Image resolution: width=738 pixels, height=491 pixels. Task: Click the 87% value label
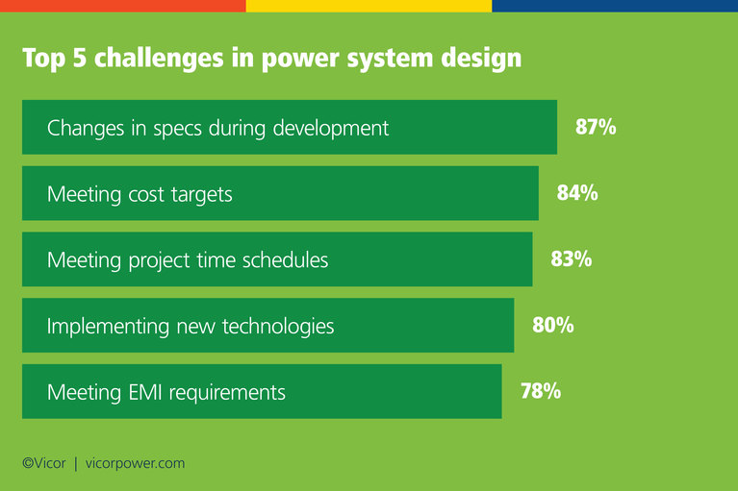coord(596,127)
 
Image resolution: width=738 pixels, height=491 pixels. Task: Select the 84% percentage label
coord(577,193)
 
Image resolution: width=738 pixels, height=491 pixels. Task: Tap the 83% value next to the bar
coord(571,258)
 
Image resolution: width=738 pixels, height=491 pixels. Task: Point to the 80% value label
coord(553,325)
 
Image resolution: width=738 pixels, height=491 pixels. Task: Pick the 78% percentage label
coord(541,391)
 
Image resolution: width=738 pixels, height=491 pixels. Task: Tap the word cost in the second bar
coord(152,194)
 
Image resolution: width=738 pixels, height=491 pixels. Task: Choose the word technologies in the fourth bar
coord(278,327)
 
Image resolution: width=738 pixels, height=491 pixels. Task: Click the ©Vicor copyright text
coord(44,463)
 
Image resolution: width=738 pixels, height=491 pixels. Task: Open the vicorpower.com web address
coord(134,463)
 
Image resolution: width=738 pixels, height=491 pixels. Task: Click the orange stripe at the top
coord(122,6)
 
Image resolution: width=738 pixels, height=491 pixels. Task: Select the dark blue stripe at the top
coord(615,6)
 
